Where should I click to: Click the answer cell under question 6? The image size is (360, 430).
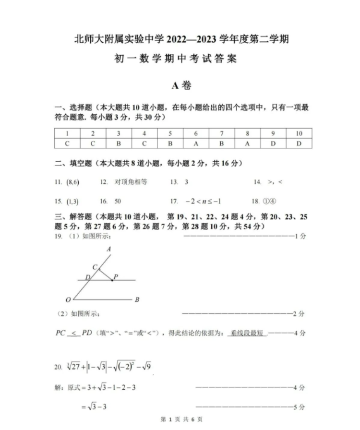point(196,143)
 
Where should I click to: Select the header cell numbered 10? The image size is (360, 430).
point(299,133)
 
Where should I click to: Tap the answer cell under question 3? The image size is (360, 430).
point(119,143)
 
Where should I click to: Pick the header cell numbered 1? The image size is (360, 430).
point(67,133)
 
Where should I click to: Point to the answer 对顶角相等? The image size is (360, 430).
point(131,182)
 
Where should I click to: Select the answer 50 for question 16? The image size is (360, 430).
point(118,202)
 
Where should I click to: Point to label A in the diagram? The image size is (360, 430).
point(109,249)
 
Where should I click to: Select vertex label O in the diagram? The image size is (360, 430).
point(68,300)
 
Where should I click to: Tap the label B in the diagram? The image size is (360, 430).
point(137,300)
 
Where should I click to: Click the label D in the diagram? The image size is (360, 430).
point(87,277)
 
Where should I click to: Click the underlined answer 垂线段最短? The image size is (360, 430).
point(247,333)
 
